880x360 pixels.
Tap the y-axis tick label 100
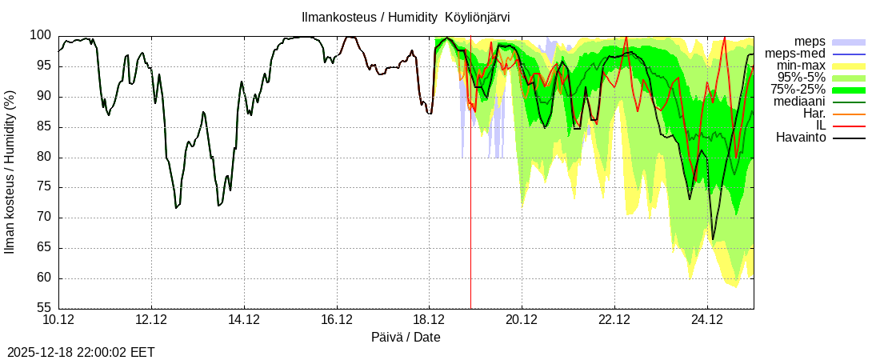[x=41, y=35]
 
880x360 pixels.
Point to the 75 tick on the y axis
[x=44, y=187]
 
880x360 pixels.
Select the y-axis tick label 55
[x=44, y=308]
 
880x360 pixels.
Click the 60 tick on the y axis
[x=44, y=278]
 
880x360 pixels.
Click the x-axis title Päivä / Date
[x=406, y=337]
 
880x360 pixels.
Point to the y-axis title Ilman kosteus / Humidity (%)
[x=10, y=172]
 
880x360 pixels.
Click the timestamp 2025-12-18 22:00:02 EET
[x=81, y=352]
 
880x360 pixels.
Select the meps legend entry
[x=810, y=42]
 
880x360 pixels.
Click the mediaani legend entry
[x=799, y=102]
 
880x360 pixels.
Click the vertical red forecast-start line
[x=470, y=200]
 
